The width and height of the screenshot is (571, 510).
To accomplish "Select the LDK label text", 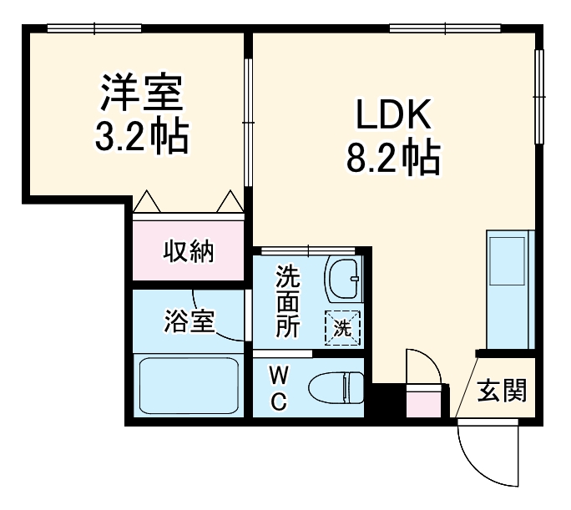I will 392,116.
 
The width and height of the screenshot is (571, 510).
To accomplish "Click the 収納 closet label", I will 188,250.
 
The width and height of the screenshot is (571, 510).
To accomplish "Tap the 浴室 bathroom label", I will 189,321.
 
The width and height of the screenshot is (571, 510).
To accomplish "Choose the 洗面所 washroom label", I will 288,300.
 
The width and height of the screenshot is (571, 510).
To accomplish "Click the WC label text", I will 278,389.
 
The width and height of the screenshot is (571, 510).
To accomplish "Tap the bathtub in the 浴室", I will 189,385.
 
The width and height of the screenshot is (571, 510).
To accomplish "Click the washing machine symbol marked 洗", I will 343,326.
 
